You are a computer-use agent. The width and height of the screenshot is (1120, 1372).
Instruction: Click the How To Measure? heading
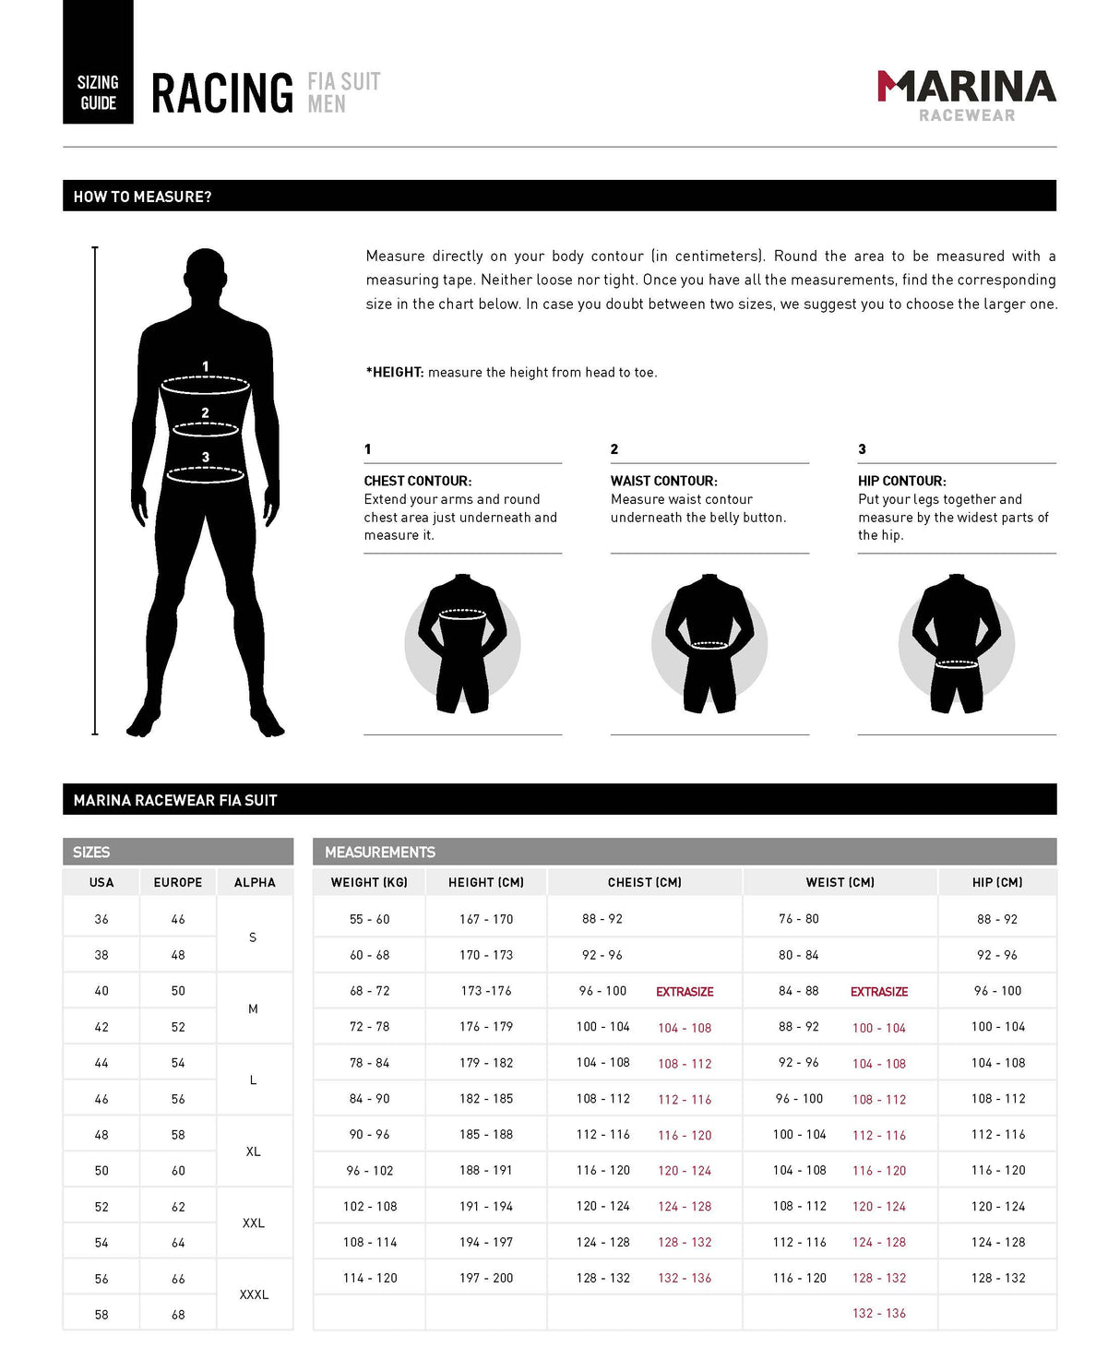[x=142, y=197]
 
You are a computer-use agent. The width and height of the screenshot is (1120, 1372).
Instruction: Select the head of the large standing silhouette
[x=205, y=275]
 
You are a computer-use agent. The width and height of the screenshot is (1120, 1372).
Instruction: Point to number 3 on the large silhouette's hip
[x=206, y=458]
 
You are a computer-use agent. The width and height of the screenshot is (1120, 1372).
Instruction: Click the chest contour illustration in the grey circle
[x=462, y=643]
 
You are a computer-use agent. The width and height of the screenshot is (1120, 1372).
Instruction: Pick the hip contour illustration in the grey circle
[x=957, y=643]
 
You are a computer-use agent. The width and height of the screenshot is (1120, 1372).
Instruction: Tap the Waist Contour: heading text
[x=663, y=481]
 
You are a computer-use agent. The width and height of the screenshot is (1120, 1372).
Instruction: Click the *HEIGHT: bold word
[x=395, y=373]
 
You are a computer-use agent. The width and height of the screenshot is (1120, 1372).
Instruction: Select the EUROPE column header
[x=178, y=883]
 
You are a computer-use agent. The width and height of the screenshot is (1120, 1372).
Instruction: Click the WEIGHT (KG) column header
[x=369, y=883]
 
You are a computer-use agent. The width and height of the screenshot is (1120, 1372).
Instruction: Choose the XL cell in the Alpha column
[x=254, y=1152]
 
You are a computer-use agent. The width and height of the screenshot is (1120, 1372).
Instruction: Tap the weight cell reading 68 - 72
[x=369, y=991]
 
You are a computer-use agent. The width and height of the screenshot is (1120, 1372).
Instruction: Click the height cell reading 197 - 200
[x=486, y=1278]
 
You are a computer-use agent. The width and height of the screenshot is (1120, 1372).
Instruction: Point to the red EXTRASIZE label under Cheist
[x=685, y=992]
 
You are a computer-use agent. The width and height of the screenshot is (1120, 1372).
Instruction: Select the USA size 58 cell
[x=101, y=1315]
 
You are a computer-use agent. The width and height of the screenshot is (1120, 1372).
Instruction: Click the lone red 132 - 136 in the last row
[x=879, y=1313]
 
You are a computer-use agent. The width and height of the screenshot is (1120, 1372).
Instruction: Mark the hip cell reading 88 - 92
[x=997, y=919]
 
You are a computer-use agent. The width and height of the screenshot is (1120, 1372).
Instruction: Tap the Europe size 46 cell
[x=178, y=920]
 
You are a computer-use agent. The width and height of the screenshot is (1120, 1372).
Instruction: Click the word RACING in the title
[x=222, y=94]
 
